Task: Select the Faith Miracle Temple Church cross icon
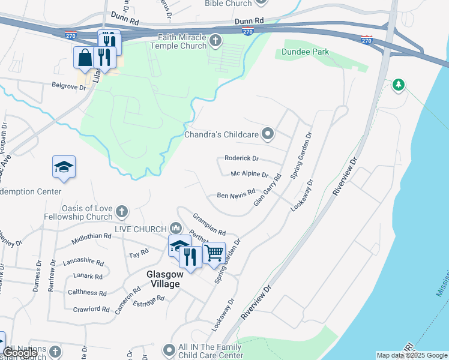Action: pos(216,40)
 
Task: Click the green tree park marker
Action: pos(398,85)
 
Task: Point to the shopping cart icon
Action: pos(214,253)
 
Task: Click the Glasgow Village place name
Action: pos(163,279)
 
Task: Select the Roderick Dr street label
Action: pos(241,158)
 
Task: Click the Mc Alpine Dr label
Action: pos(249,175)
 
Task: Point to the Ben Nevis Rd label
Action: pos(232,196)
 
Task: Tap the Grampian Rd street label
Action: pos(209,224)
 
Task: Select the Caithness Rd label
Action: pos(87,293)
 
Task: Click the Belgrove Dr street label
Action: pos(69,86)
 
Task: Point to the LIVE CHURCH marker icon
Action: pos(176,227)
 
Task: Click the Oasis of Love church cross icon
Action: pos(122,211)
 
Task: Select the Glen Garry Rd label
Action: pos(267,190)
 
